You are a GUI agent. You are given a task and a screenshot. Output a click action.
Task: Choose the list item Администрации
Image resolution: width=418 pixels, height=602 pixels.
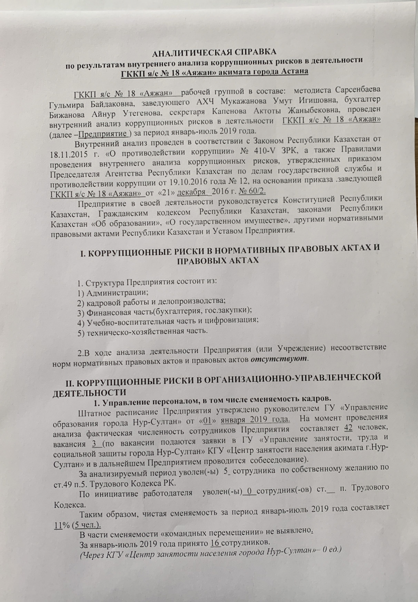coord(114,292)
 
